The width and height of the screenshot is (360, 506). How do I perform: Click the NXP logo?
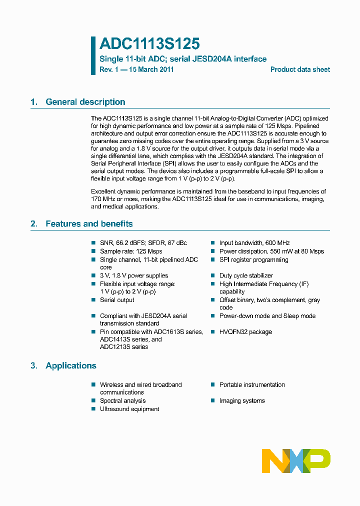pos(296,461)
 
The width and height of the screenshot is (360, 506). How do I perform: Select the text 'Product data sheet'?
pos(300,69)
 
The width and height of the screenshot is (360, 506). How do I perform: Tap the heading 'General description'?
pos(85,102)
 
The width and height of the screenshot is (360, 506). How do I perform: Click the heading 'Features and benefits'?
pos(89,224)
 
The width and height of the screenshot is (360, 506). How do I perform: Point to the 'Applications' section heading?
pos(70,366)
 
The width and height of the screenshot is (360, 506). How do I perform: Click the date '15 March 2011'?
pos(151,69)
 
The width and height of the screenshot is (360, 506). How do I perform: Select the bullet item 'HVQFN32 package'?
pos(245,332)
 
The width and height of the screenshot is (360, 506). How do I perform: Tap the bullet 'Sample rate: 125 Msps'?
pos(130,251)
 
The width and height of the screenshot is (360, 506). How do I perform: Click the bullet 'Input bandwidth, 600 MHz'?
pos(254,243)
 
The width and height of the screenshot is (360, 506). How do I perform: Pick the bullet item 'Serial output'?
pos(117,300)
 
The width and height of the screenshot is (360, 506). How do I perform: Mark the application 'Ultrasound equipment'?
pos(129,409)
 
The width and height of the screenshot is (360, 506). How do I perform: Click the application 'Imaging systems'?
pos(242,401)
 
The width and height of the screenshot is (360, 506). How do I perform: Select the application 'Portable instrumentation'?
pos(252,385)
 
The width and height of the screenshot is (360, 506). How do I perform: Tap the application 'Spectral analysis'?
pos(122,401)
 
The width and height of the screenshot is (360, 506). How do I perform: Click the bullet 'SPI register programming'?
pos(253,260)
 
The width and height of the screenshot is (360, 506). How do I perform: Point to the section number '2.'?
pos(34,224)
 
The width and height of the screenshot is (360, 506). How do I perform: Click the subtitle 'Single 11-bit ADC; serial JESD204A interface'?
pos(183,59)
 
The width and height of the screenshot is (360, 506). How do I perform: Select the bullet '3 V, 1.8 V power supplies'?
pos(133,275)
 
